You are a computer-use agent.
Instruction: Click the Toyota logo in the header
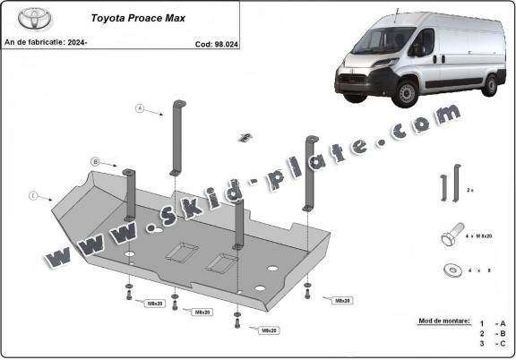[x=19, y=19]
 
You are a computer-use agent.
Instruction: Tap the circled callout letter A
[x=140, y=108]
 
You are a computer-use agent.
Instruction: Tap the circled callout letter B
[x=94, y=161]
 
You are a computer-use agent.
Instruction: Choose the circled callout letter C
[x=33, y=194]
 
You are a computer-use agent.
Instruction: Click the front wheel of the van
[x=407, y=93]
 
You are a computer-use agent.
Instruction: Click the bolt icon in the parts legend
[x=451, y=237]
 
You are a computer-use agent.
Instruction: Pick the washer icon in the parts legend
[x=448, y=269]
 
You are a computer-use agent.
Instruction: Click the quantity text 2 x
[x=472, y=191]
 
